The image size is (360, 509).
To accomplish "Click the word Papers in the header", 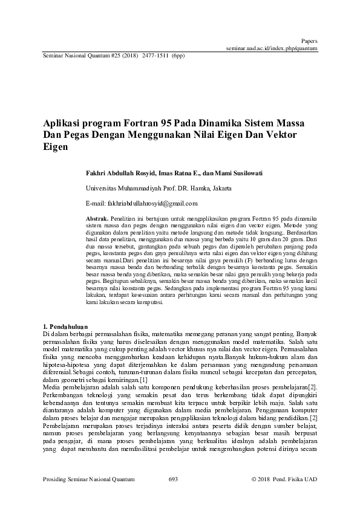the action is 309,41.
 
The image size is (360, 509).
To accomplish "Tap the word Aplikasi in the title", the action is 63,122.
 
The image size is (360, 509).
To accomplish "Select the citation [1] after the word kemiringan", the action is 143,380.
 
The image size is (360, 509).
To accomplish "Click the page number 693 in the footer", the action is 172,479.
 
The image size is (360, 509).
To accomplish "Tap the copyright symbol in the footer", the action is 253,479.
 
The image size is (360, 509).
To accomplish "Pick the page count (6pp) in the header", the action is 178,54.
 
